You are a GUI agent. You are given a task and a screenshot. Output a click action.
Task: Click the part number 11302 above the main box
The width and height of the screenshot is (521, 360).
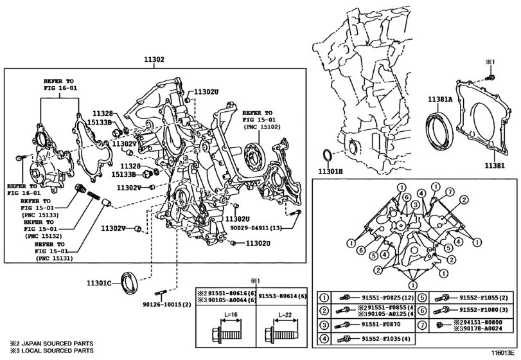(154, 60)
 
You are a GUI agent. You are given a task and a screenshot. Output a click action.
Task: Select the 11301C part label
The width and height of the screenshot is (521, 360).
(98, 283)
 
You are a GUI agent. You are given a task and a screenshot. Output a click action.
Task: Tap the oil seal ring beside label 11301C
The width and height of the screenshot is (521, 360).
(130, 283)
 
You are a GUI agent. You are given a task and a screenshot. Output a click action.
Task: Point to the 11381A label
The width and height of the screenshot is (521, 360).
(440, 99)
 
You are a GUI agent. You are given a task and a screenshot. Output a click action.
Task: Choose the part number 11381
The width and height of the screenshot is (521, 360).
(494, 165)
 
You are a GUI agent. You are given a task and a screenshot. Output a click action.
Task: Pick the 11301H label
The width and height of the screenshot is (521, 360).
(330, 172)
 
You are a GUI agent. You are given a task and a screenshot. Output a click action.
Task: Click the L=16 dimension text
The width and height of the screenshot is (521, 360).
(230, 314)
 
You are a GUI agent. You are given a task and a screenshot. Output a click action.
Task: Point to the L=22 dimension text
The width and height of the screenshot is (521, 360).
(285, 314)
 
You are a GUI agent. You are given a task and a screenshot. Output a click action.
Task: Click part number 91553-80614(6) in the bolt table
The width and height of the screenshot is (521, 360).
(283, 296)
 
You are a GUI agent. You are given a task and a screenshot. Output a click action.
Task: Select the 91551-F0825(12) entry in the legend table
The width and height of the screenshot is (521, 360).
(387, 297)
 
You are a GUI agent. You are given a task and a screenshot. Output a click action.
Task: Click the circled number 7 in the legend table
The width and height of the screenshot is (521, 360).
(421, 325)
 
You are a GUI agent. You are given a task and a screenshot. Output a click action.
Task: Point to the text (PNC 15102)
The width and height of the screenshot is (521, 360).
(262, 127)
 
